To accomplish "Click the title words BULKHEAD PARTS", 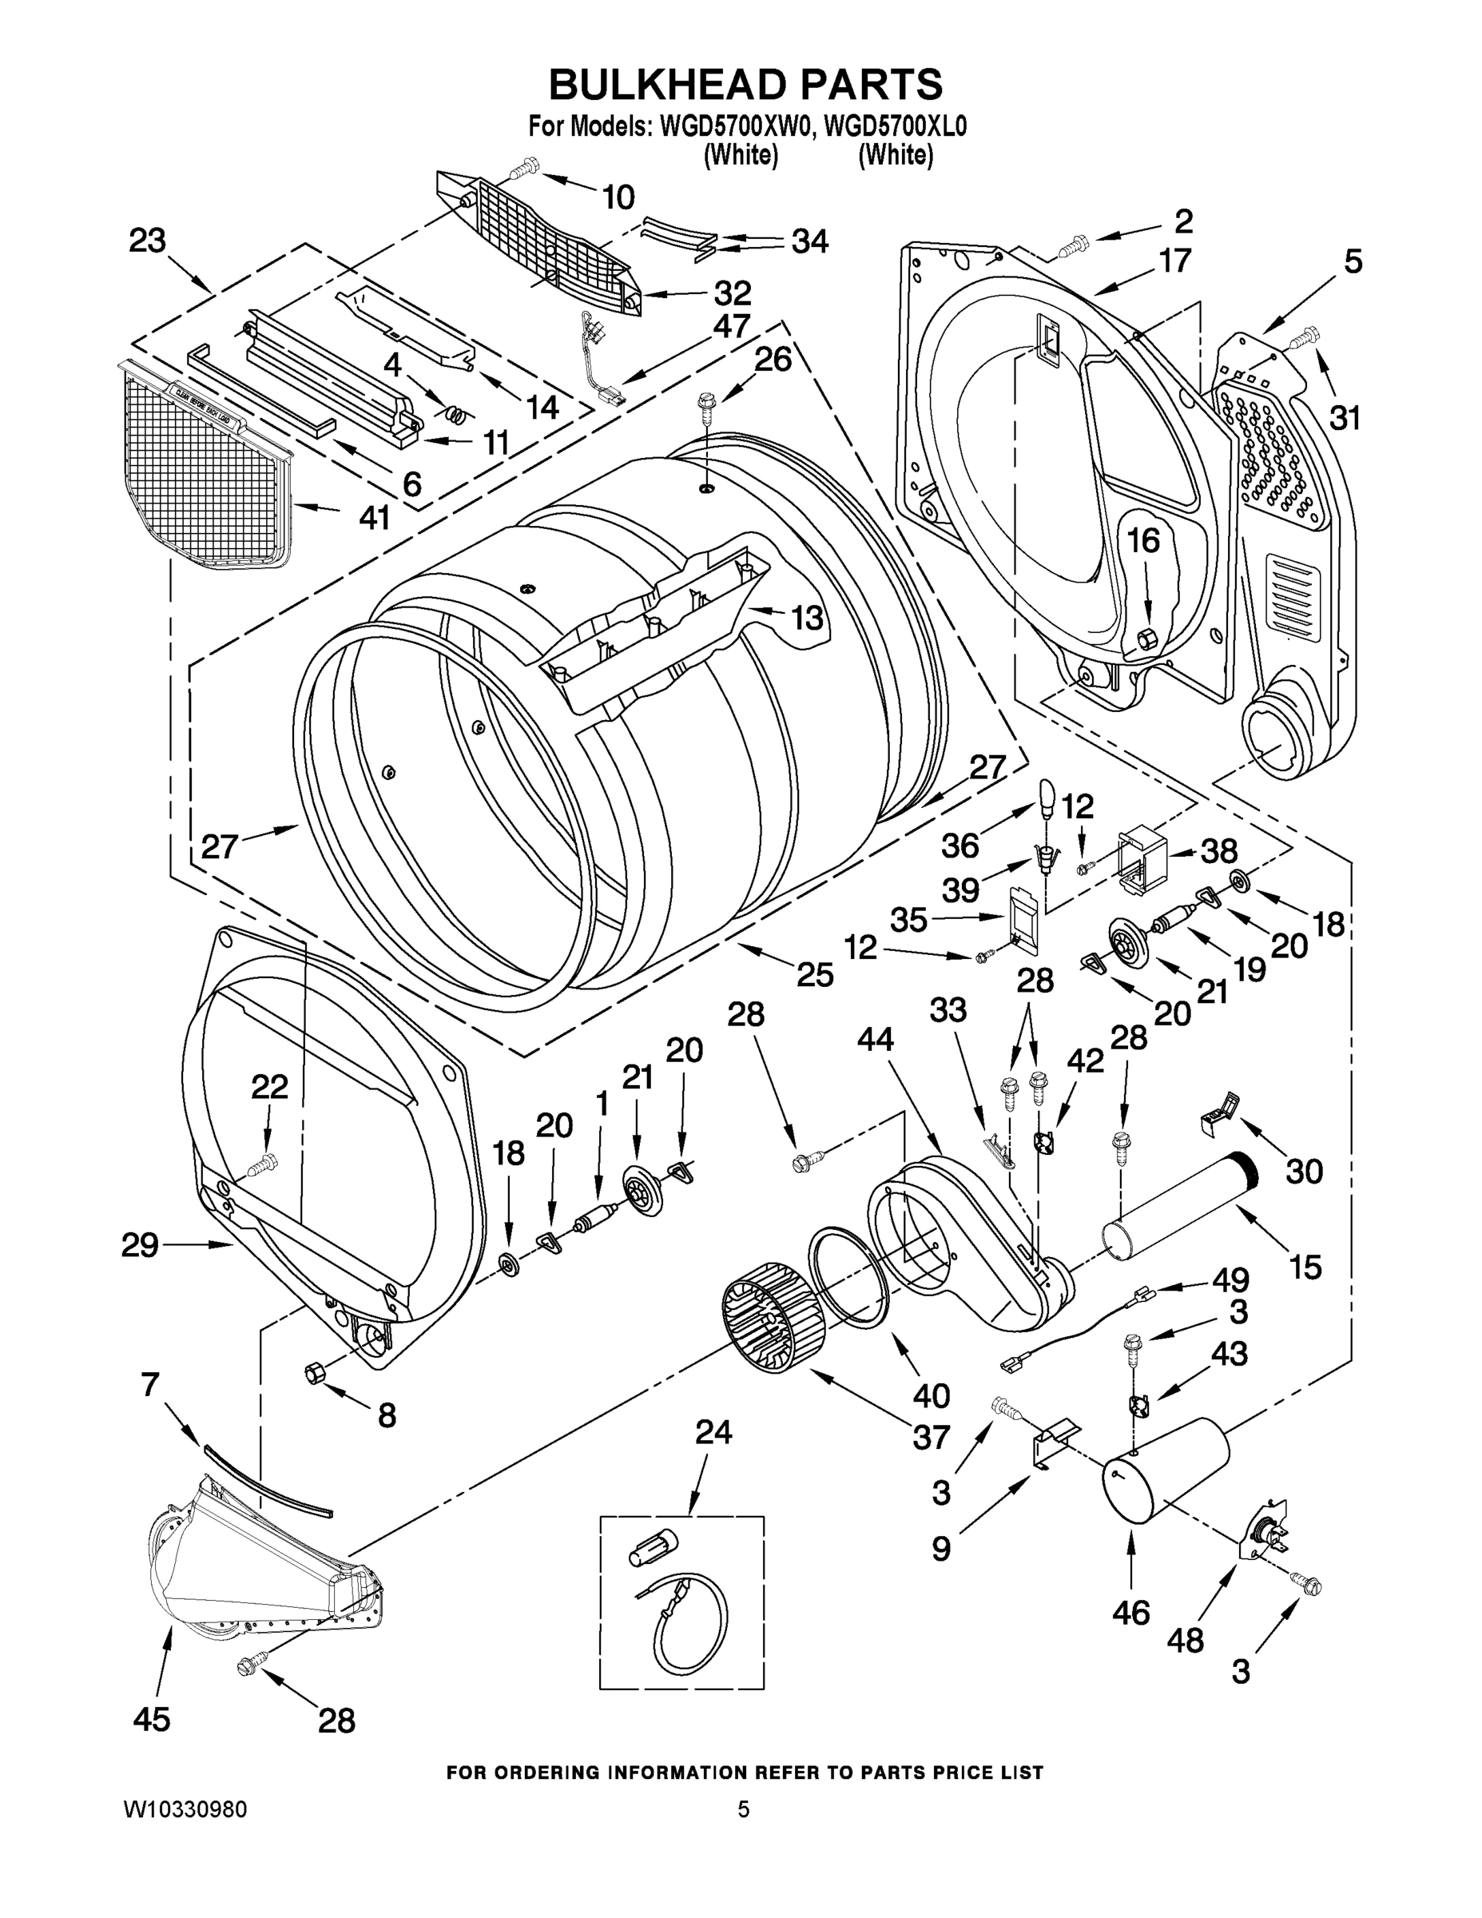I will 745,86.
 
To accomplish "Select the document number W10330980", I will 185,1809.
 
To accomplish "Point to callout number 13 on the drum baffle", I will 807,618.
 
